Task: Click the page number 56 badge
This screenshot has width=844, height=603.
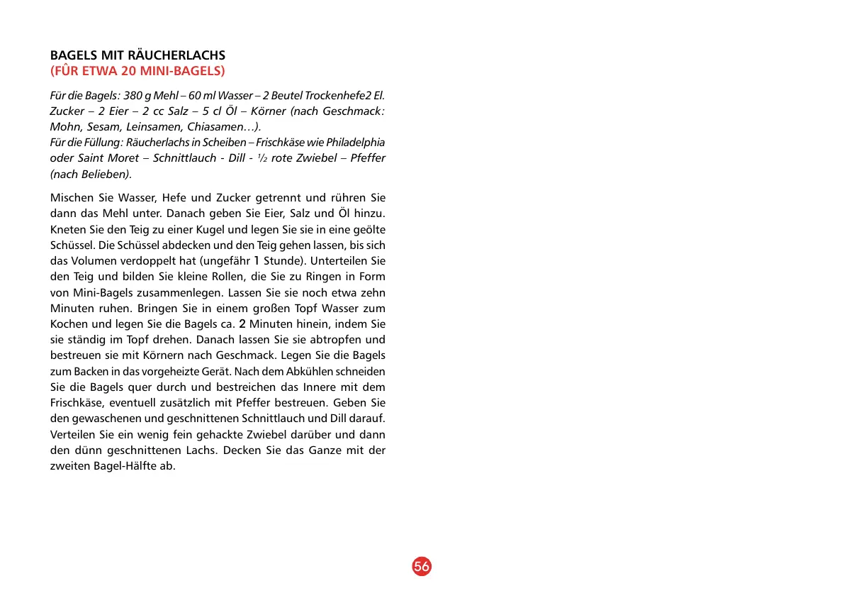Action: (x=422, y=567)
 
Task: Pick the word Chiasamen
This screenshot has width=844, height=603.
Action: (x=220, y=127)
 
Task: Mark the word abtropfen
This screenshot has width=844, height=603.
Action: (x=336, y=339)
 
